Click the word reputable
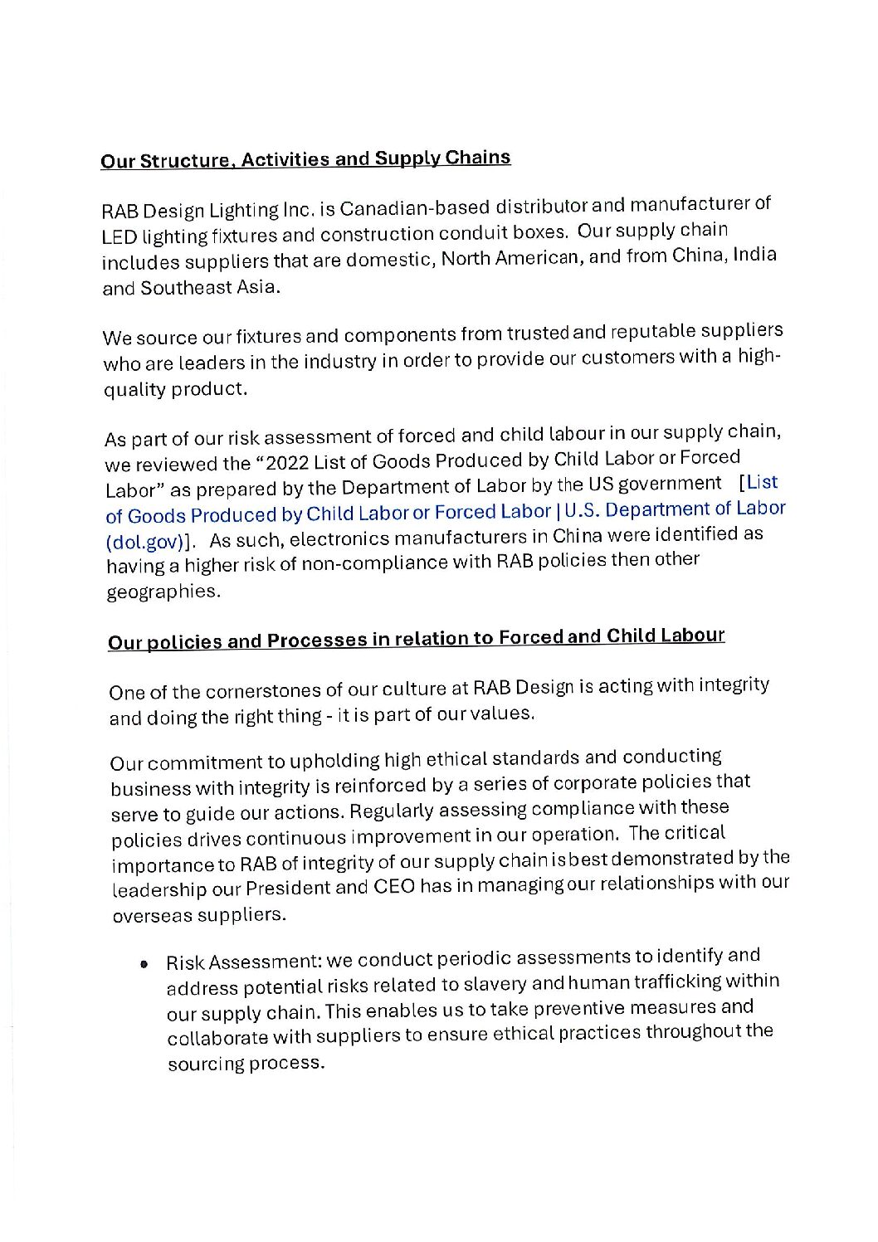click(653, 333)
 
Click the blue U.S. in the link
click(588, 510)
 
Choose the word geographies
click(157, 592)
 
